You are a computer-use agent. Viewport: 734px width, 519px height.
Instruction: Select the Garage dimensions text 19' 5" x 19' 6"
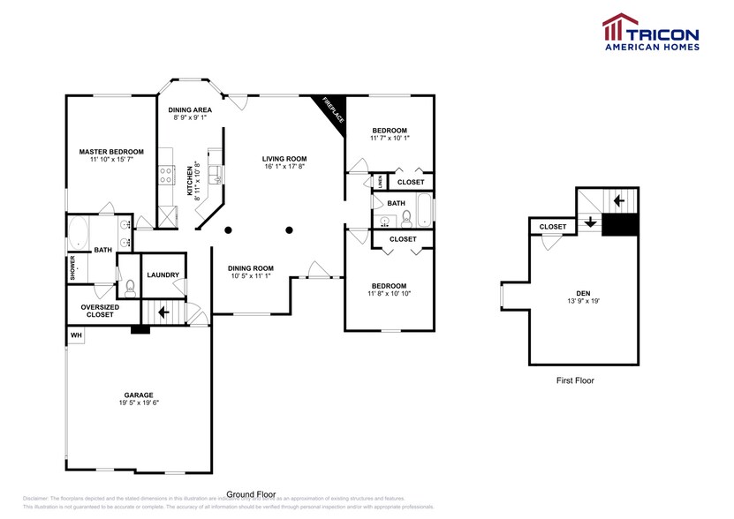click(x=139, y=402)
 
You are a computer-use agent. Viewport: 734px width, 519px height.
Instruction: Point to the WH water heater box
click(x=76, y=335)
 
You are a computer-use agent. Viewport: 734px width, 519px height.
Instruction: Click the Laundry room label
click(x=163, y=275)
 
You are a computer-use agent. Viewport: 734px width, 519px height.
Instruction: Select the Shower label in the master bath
click(x=73, y=268)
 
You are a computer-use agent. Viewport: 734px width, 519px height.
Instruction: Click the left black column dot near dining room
click(x=228, y=230)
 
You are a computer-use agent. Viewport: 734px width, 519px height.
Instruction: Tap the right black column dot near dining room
click(x=289, y=230)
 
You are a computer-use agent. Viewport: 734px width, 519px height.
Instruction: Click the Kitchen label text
click(x=190, y=179)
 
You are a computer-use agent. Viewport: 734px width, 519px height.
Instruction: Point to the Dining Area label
click(x=189, y=109)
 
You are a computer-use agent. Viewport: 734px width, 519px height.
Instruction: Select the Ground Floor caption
click(x=252, y=494)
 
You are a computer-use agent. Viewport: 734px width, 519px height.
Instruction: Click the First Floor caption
click(x=575, y=380)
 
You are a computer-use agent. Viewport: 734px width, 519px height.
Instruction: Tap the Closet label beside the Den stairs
click(x=553, y=227)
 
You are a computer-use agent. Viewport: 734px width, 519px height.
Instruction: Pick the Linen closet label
click(x=380, y=181)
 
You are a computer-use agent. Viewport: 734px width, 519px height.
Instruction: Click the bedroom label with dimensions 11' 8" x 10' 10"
click(x=389, y=286)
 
